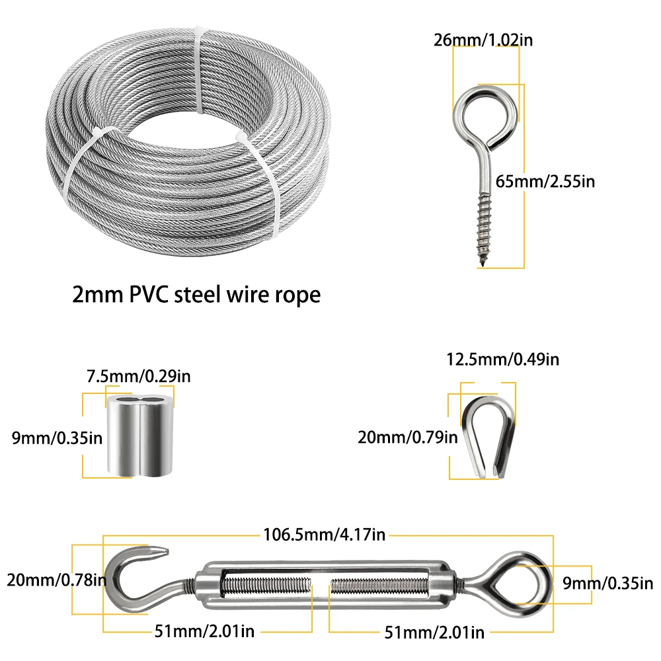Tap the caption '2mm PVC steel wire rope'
pyautogui.click(x=196, y=293)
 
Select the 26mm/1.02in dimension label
pyautogui.click(x=483, y=39)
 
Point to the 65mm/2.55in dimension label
pyautogui.click(x=546, y=180)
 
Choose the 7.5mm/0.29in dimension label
pyautogui.click(x=139, y=377)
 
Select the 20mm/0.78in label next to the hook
pyautogui.click(x=56, y=580)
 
